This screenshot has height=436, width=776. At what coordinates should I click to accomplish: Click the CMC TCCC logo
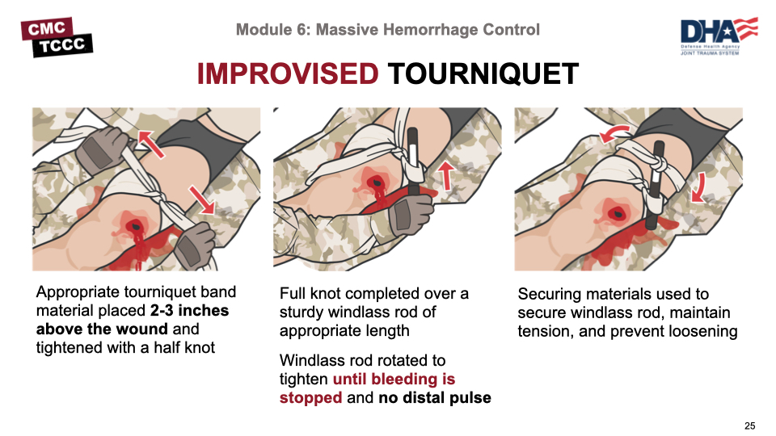click(57, 37)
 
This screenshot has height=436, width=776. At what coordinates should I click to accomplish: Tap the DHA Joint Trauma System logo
click(719, 36)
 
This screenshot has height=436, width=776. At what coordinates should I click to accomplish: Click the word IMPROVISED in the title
click(288, 74)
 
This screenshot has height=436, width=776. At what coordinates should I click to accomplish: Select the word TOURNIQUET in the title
click(483, 74)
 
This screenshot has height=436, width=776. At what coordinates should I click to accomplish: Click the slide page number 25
click(750, 426)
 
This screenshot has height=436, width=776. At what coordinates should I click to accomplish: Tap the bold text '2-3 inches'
click(189, 310)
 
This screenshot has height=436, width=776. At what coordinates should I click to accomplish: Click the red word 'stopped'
click(310, 397)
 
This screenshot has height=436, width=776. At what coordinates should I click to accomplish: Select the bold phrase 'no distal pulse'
click(435, 397)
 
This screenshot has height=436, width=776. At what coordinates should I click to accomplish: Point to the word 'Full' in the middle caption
click(292, 294)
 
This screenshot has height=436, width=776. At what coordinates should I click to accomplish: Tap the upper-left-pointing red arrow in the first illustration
click(150, 143)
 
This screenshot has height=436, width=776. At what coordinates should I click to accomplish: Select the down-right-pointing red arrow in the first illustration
click(201, 199)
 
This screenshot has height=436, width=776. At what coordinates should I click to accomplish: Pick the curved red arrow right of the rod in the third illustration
click(699, 189)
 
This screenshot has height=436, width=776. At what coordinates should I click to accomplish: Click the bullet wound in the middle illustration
click(377, 183)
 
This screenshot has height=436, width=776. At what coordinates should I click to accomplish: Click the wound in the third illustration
click(618, 214)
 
